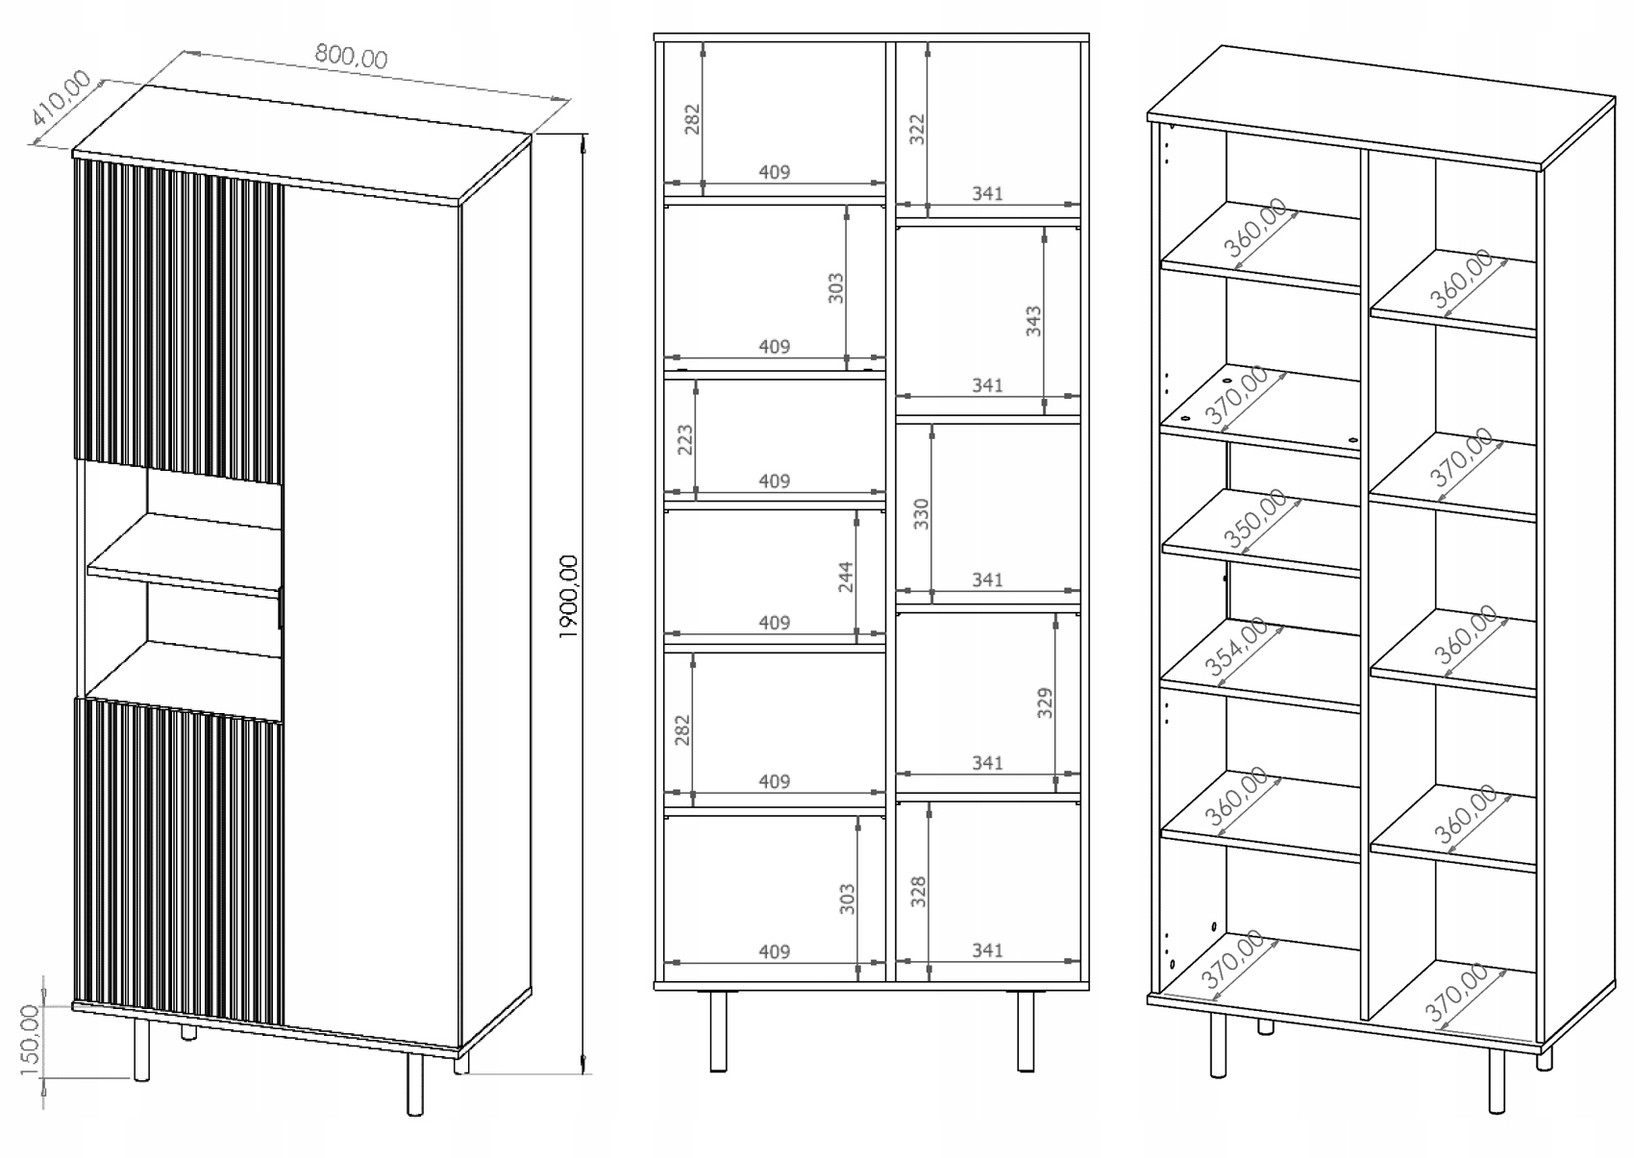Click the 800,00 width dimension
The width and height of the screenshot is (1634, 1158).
351,58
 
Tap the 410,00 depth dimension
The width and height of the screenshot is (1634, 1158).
60,100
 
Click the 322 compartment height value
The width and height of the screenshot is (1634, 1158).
916,129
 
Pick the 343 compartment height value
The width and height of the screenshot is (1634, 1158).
1033,320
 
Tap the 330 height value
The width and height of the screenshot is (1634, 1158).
921,513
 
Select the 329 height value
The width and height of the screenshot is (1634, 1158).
1045,702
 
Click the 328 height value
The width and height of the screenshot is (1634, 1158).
918,892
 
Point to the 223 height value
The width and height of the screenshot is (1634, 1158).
684,440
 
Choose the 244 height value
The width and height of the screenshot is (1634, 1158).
846,577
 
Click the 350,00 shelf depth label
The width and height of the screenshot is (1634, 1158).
1255,519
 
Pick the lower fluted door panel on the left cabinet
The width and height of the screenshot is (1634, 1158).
179,860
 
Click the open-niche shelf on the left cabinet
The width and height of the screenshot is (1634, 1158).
183,557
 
